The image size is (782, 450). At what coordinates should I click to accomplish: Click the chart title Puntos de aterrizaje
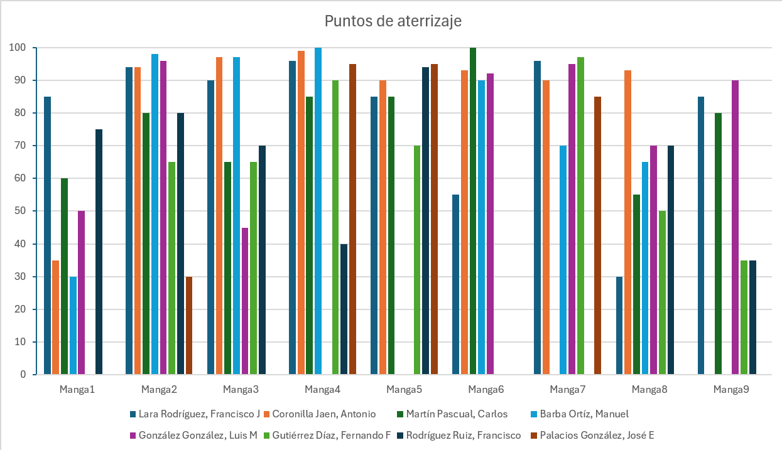[x=393, y=21]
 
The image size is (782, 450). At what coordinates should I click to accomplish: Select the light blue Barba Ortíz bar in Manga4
[x=318, y=211]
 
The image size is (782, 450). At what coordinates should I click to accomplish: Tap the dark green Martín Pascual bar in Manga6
[x=473, y=211]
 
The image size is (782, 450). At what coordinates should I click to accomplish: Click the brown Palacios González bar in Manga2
[x=189, y=326]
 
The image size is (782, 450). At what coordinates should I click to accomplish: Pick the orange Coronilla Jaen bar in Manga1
[x=55, y=318]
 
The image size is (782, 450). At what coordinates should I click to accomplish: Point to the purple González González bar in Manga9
[x=736, y=227]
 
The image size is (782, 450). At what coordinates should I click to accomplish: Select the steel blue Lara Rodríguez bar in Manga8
[x=619, y=326]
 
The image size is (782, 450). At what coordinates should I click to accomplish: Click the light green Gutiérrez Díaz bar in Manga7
[x=580, y=216]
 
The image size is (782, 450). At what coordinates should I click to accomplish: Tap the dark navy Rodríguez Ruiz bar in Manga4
[x=344, y=309]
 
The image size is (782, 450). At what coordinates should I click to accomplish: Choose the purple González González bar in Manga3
[x=245, y=301]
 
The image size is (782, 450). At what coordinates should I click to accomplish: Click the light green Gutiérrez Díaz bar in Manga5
[x=417, y=260]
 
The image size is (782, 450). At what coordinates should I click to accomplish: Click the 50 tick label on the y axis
[x=20, y=211]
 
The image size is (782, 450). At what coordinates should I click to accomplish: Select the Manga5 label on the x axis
[x=405, y=389]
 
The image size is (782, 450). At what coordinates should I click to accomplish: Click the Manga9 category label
[x=731, y=389]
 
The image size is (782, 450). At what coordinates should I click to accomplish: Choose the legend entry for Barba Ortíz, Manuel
[x=580, y=414]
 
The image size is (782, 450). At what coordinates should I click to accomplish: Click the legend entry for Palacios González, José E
[x=592, y=436]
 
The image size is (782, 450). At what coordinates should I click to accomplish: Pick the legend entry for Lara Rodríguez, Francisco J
[x=195, y=414]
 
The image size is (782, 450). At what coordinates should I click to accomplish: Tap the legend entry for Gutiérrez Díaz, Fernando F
[x=327, y=436]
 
